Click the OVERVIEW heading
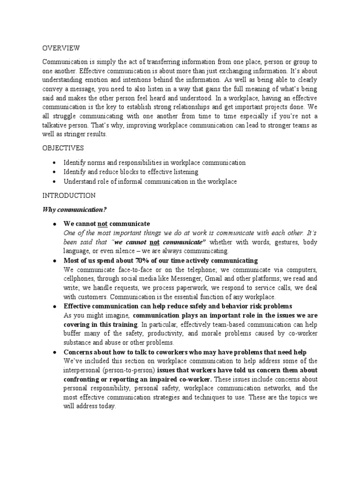(61, 48)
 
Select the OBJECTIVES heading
(63, 148)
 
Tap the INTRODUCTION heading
(69, 195)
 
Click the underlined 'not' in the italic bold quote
(154, 242)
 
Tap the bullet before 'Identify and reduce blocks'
(55, 172)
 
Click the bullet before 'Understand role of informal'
(55, 181)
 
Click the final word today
(106, 406)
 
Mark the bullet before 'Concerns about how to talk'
(55, 352)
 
